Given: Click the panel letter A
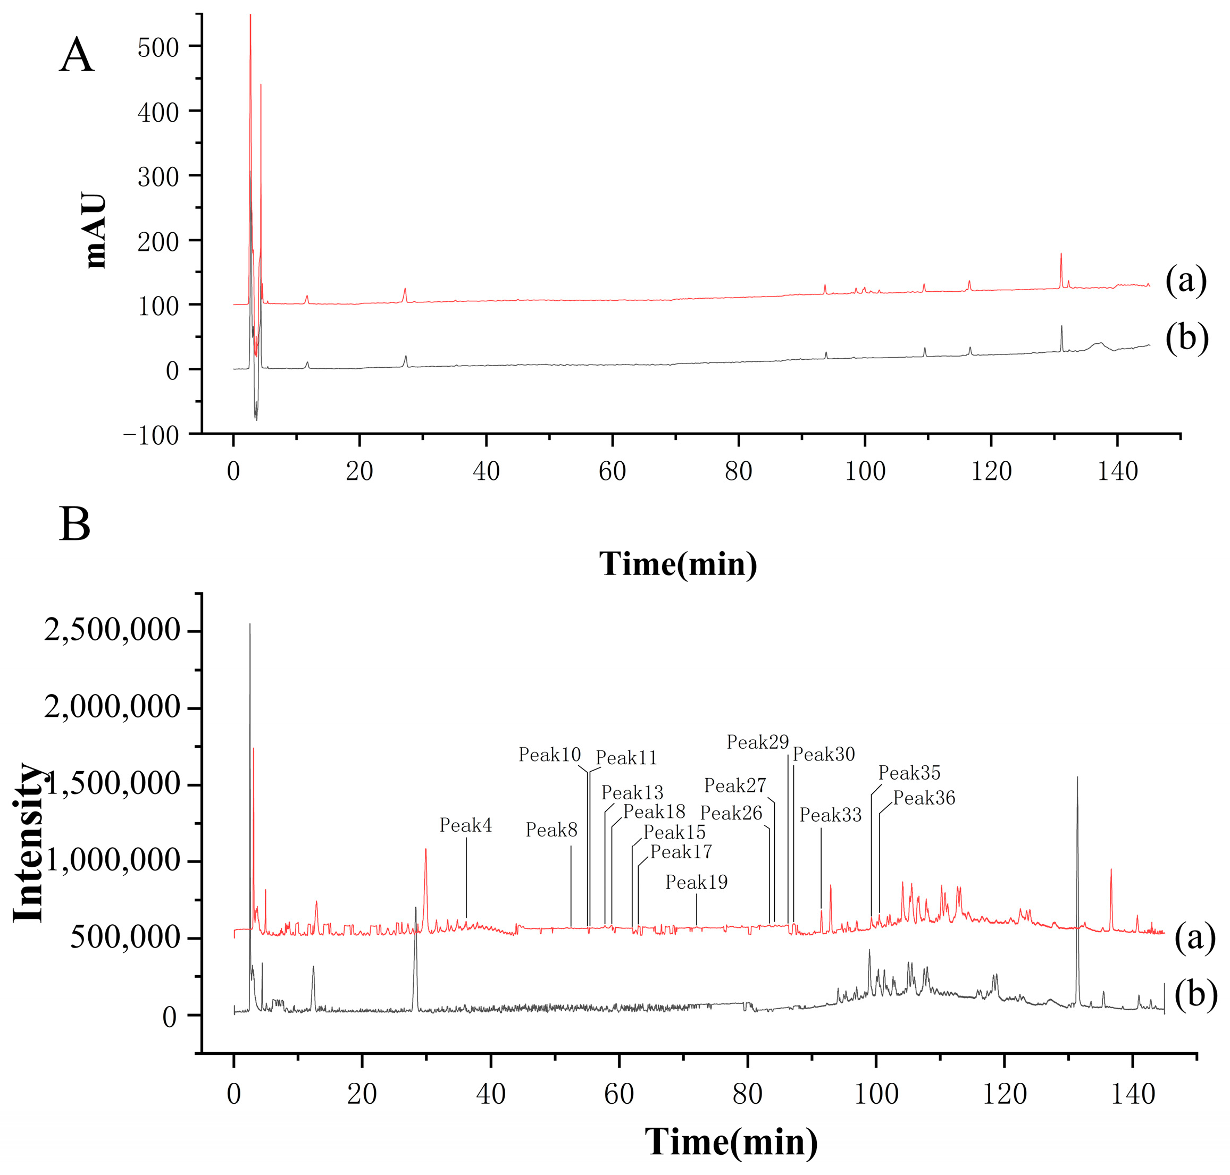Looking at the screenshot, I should tap(77, 56).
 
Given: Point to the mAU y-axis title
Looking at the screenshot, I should tap(95, 231).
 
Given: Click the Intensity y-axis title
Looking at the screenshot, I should tap(29, 842).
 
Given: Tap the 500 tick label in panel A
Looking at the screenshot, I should tap(158, 48).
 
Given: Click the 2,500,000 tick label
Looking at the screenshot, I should tap(112, 629).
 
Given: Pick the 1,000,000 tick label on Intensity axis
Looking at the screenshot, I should tap(112, 860).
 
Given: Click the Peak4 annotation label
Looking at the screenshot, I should tap(465, 825).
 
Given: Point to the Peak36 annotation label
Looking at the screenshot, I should tap(924, 798).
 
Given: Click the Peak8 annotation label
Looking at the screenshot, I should tap(551, 830).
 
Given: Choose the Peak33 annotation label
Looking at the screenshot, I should tap(830, 815).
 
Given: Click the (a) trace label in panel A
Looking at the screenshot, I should tap(1185, 280).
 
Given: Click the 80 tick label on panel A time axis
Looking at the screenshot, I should tap(738, 471).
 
